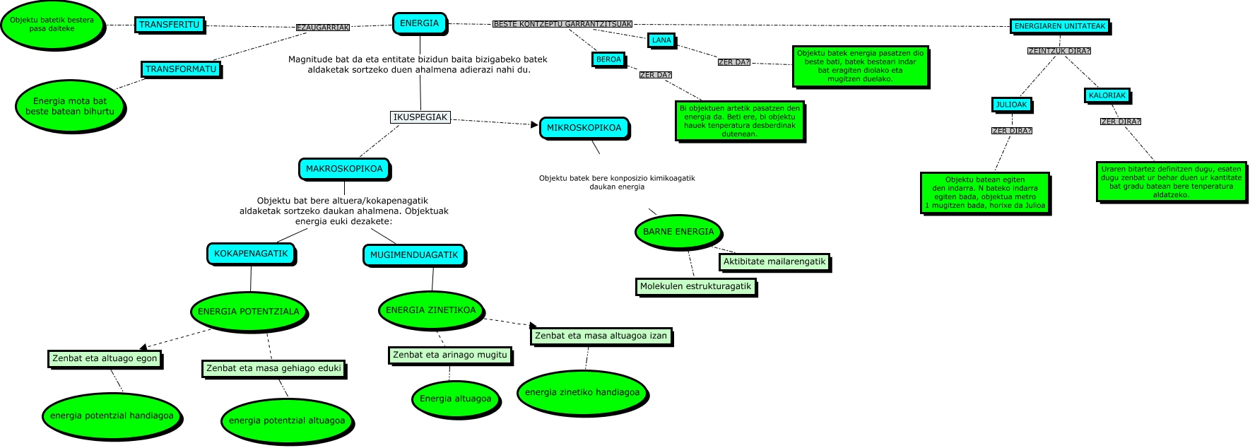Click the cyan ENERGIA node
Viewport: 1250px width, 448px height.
pos(419,23)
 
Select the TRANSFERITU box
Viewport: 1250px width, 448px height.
pos(169,25)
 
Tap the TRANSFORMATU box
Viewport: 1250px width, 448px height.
pos(181,69)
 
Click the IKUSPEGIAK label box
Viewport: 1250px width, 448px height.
pos(420,117)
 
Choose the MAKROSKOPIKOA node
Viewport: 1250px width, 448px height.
pos(344,169)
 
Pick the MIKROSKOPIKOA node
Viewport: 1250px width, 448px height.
pos(584,128)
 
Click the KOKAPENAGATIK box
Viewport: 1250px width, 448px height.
pos(251,254)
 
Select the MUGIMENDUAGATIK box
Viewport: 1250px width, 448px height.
pos(414,255)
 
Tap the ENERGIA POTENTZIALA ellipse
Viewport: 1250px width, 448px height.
pos(248,312)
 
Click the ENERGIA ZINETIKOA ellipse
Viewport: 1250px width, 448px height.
pos(431,310)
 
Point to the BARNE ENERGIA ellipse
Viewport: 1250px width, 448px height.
pos(678,232)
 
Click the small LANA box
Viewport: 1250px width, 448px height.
pos(661,40)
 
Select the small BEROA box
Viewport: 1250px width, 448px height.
pos(608,60)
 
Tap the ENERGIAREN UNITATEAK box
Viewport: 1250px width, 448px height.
pos(1059,27)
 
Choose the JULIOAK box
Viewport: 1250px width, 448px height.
pos(1011,105)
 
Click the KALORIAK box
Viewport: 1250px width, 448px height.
pos(1107,95)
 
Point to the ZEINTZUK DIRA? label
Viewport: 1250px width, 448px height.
pos(1059,51)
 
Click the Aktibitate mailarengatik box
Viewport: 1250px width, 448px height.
pos(774,261)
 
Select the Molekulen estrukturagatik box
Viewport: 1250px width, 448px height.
pos(695,286)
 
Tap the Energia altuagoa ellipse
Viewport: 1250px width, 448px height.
pos(455,399)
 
